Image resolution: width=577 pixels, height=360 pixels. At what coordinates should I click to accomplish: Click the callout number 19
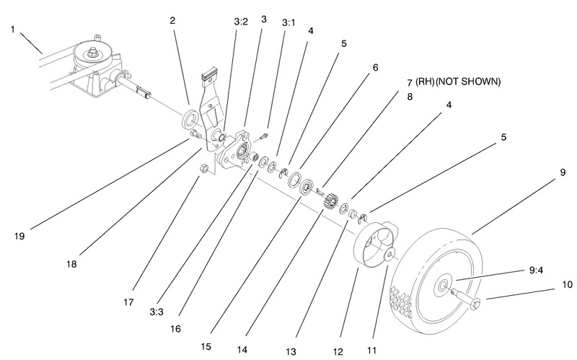19,235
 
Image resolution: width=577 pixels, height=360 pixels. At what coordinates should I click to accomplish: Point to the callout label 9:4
536,272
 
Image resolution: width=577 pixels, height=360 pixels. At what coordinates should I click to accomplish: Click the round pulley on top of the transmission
93,51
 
